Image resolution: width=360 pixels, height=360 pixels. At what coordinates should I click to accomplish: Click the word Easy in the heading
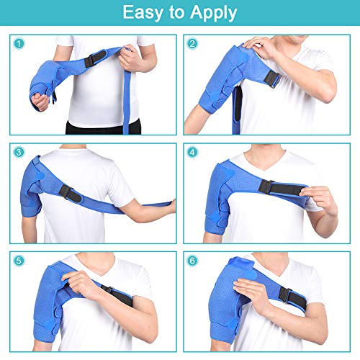point(143,12)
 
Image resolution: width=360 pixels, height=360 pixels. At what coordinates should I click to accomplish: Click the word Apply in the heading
point(214,14)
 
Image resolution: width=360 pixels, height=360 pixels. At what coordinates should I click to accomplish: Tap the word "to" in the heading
point(176,13)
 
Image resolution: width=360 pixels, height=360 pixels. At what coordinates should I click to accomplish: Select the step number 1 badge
point(19,44)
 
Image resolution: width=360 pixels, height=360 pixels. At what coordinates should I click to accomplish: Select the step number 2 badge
point(192,44)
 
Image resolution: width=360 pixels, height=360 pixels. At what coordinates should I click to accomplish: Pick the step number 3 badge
point(19,152)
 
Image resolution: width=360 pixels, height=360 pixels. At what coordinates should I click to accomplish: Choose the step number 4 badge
point(192,152)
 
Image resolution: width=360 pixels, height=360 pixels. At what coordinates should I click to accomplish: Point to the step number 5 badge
point(19,261)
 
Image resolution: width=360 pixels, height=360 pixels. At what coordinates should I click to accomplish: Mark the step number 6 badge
point(192,261)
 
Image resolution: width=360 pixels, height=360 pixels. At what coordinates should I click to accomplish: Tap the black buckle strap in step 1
point(95,58)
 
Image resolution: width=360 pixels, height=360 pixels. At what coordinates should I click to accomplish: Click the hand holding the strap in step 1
point(130,59)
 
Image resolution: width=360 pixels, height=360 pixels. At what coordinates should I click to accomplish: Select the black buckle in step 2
point(273,79)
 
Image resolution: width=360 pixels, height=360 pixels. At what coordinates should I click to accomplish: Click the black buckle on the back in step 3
point(71,194)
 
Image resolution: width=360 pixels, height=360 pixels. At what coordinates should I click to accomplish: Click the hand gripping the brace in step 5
point(81,284)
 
